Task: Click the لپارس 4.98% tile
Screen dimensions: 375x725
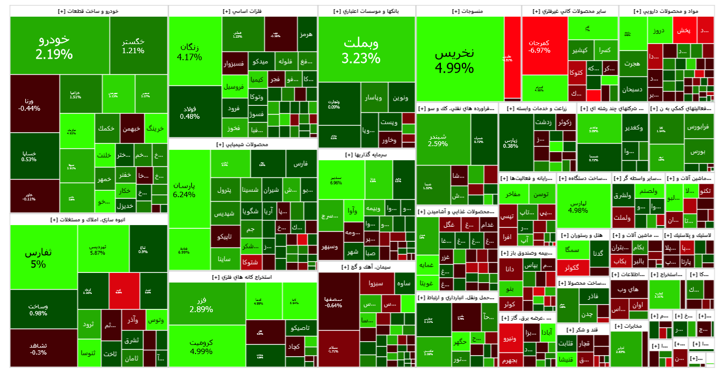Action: point(583,205)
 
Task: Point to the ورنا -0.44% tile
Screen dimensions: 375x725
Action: point(34,103)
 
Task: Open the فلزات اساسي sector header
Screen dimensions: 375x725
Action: point(242,11)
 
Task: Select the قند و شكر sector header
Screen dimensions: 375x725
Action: point(582,329)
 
